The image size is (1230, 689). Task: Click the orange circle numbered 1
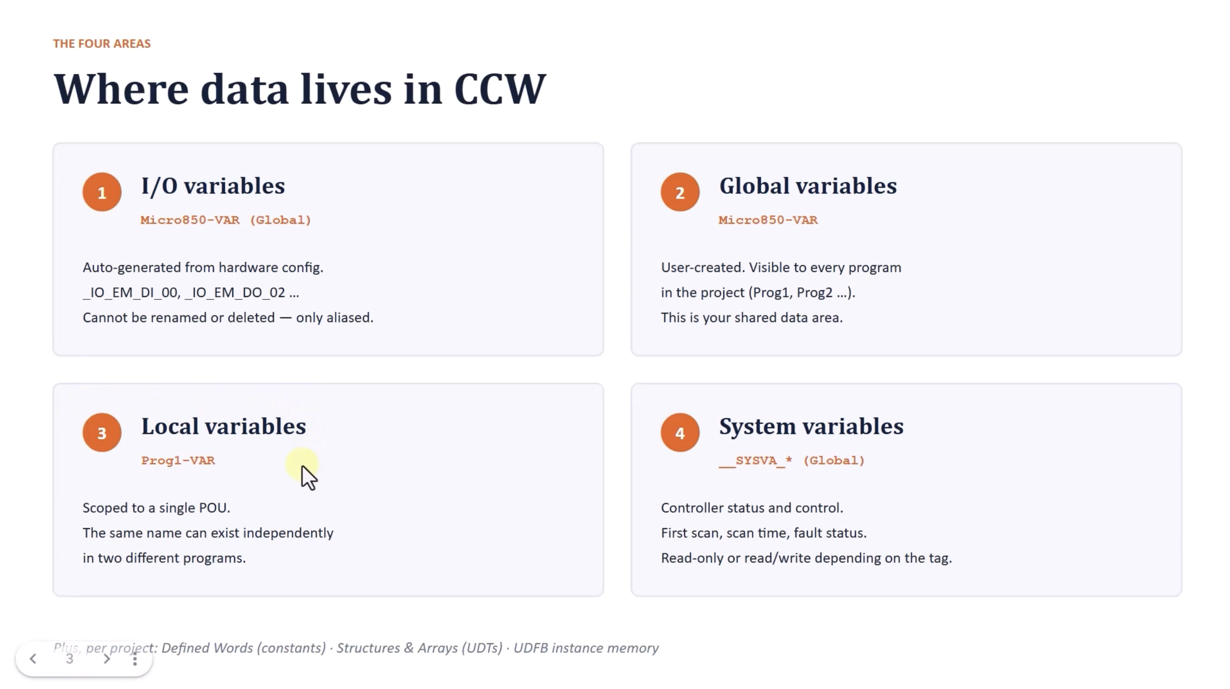coord(102,192)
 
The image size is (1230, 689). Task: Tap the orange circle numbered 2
coord(680,192)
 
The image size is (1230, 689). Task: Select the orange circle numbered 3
coord(102,432)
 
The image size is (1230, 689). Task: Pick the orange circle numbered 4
coord(680,432)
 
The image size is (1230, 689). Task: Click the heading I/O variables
coord(213,186)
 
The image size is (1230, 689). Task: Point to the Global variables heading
coord(808,186)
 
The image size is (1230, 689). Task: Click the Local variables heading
coord(224,426)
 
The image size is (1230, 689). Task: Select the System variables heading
coord(812,427)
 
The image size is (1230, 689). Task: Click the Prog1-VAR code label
coord(178,460)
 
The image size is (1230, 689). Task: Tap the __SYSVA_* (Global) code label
coord(792,460)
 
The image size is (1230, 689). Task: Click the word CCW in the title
coord(500,89)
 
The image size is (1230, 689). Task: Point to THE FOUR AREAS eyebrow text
coord(102,43)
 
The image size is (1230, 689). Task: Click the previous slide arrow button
coord(33,659)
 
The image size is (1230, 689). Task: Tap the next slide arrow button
coord(107,659)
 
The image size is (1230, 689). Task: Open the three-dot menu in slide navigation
coord(135,659)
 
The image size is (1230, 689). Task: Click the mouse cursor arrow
coord(309,477)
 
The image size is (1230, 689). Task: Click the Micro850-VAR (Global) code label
coord(226,220)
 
